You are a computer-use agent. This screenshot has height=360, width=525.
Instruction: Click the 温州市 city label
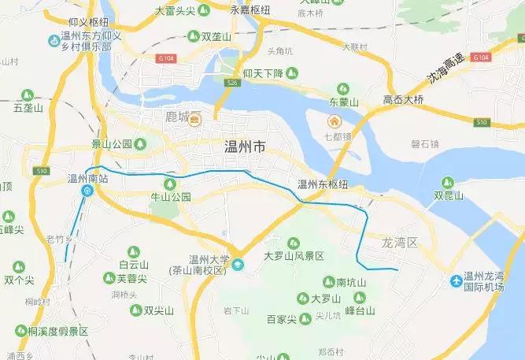246,147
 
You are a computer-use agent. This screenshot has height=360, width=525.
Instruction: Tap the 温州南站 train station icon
87,191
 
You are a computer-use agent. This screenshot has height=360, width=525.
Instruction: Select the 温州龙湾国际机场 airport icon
456,281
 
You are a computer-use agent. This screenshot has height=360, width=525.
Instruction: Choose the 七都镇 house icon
335,122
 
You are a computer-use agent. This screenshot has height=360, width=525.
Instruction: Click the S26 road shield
231,83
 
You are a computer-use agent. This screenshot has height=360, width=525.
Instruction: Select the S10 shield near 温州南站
42,171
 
